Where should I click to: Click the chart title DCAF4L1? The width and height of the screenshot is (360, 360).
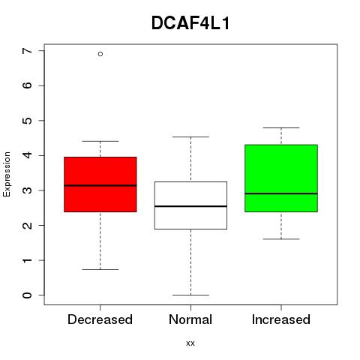[x=190, y=23]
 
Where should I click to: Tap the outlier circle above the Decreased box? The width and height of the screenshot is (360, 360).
[x=100, y=54]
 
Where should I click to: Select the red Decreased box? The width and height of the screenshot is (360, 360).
[x=100, y=184]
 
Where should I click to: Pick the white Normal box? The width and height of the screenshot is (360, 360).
[x=190, y=205]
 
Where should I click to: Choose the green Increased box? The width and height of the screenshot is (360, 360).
[x=281, y=178]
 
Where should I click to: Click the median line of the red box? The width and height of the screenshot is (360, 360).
[x=100, y=185]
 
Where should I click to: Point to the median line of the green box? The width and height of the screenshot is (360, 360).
[x=281, y=193]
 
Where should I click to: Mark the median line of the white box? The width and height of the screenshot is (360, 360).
[x=190, y=206]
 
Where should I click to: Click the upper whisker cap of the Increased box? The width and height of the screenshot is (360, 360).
[x=281, y=127]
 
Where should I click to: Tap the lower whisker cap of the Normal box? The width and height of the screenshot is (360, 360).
[x=190, y=295]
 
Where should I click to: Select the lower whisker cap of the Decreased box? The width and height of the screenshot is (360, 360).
[x=100, y=269]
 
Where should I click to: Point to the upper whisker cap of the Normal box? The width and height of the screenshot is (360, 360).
[x=190, y=137]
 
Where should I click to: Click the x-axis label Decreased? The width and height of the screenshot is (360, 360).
[x=100, y=319]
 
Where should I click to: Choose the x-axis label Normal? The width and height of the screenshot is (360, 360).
[x=190, y=319]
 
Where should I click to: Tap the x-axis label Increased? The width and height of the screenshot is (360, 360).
[x=281, y=319]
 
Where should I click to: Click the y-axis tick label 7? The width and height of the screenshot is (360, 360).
[x=27, y=51]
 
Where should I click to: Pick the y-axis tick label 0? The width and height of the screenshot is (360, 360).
[x=27, y=295]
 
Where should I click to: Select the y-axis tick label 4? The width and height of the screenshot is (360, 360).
[x=27, y=155]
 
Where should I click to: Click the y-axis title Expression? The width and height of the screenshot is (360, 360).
[x=7, y=174]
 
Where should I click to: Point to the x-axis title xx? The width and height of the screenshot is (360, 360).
[x=190, y=343]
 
